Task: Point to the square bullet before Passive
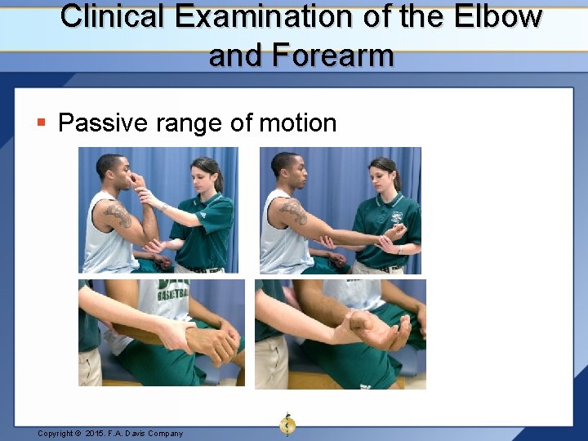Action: tap(42, 123)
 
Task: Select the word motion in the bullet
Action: tap(297, 123)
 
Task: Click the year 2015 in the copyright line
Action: tap(97, 433)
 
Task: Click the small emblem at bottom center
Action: tap(287, 424)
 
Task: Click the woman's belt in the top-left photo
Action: tap(198, 269)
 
